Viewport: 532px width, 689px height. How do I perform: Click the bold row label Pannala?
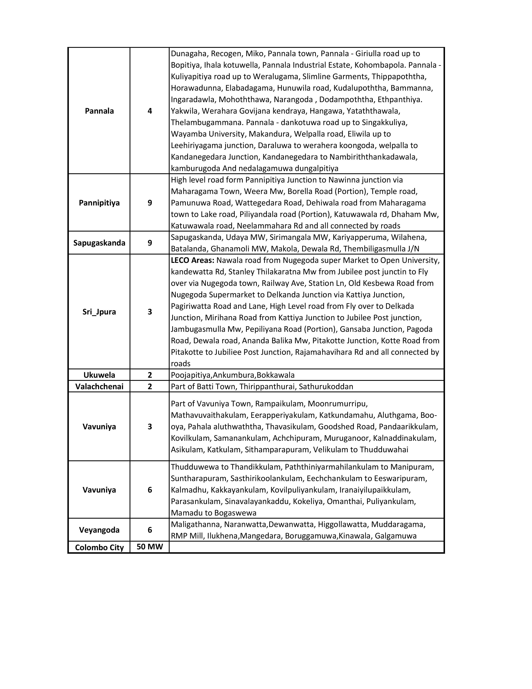[99, 111]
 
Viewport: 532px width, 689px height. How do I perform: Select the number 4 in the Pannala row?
[150, 111]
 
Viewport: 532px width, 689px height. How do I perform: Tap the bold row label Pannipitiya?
[99, 203]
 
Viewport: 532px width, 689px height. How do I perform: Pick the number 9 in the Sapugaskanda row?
[150, 243]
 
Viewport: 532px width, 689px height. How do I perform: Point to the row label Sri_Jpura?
[99, 312]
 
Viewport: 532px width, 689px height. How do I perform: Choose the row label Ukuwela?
[99, 375]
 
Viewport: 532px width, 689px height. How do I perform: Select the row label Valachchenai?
[99, 386]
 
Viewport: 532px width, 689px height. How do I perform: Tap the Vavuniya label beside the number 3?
[99, 427]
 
